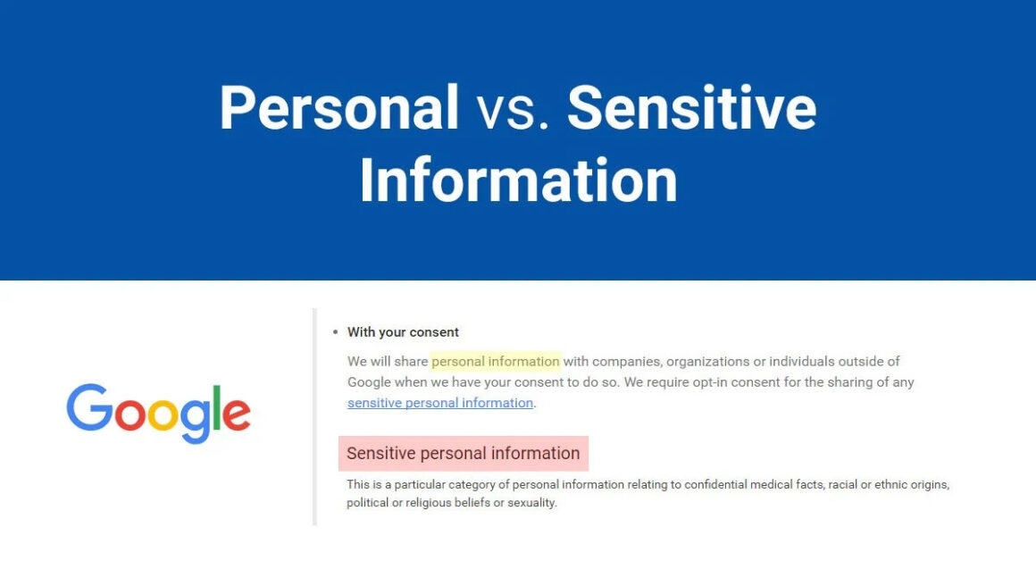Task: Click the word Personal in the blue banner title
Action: pyautogui.click(x=339, y=108)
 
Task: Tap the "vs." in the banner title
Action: pyautogui.click(x=514, y=108)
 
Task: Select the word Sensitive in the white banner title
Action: pyautogui.click(x=692, y=108)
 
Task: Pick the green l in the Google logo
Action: pyautogui.click(x=215, y=408)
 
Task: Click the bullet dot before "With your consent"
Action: pyautogui.click(x=336, y=332)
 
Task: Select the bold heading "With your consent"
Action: pyautogui.click(x=403, y=332)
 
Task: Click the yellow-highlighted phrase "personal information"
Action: pyautogui.click(x=496, y=362)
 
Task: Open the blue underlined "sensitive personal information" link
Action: pyautogui.click(x=440, y=403)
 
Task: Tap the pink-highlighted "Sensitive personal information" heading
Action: pyautogui.click(x=463, y=453)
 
